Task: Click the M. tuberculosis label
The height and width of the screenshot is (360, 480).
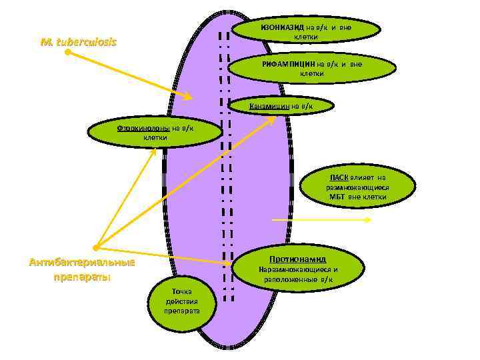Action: (78, 41)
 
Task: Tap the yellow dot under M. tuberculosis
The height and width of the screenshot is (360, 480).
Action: (67, 51)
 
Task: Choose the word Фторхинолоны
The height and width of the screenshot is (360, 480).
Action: (144, 128)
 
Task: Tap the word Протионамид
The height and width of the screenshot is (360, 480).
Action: (297, 258)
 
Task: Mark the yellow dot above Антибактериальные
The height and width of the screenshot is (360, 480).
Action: (96, 248)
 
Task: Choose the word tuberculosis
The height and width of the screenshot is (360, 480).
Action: (87, 41)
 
